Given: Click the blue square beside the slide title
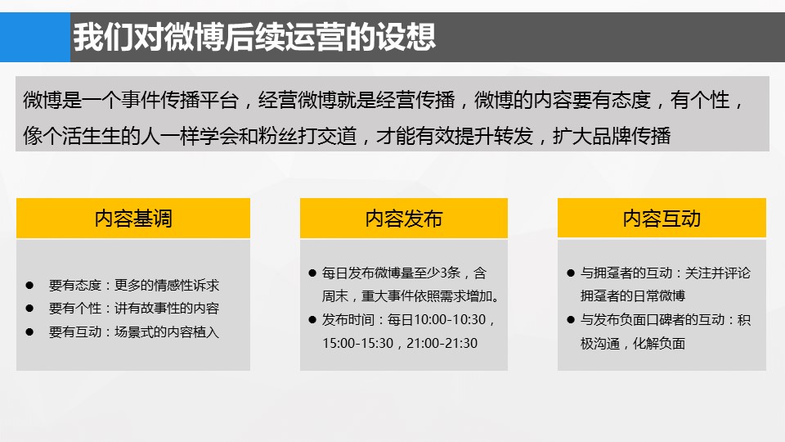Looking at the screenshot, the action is pyautogui.click(x=35, y=37).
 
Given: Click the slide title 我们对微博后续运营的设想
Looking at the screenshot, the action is pyautogui.click(x=254, y=37).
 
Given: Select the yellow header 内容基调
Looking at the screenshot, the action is pyautogui.click(x=133, y=218).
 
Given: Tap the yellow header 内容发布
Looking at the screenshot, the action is pyautogui.click(x=403, y=218).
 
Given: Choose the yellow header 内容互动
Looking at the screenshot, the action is pyautogui.click(x=662, y=218).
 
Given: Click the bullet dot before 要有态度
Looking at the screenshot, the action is pyautogui.click(x=29, y=285).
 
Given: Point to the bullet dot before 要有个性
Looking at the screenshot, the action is pyautogui.click(x=29, y=309).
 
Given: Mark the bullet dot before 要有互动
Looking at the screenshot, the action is pyautogui.click(x=29, y=331).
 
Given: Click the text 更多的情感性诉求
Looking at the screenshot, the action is pyautogui.click(x=167, y=285).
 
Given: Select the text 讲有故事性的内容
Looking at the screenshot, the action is pyautogui.click(x=167, y=309).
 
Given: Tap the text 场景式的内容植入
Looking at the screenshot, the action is pyautogui.click(x=167, y=331).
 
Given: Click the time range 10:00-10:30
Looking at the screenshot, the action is pyautogui.click(x=450, y=320).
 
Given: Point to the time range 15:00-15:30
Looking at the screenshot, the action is pyautogui.click(x=358, y=343).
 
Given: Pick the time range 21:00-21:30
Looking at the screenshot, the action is pyautogui.click(x=442, y=343).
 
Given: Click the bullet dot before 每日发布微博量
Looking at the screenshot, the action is pyautogui.click(x=312, y=273).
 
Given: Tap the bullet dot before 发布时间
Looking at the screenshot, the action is pyautogui.click(x=312, y=320).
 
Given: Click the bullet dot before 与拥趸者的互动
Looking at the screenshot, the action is pyautogui.click(x=571, y=273).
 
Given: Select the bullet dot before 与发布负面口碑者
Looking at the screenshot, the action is pyautogui.click(x=571, y=320).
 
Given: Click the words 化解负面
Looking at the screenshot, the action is pyautogui.click(x=659, y=343).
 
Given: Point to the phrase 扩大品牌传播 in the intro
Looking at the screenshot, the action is pyautogui.click(x=612, y=136).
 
